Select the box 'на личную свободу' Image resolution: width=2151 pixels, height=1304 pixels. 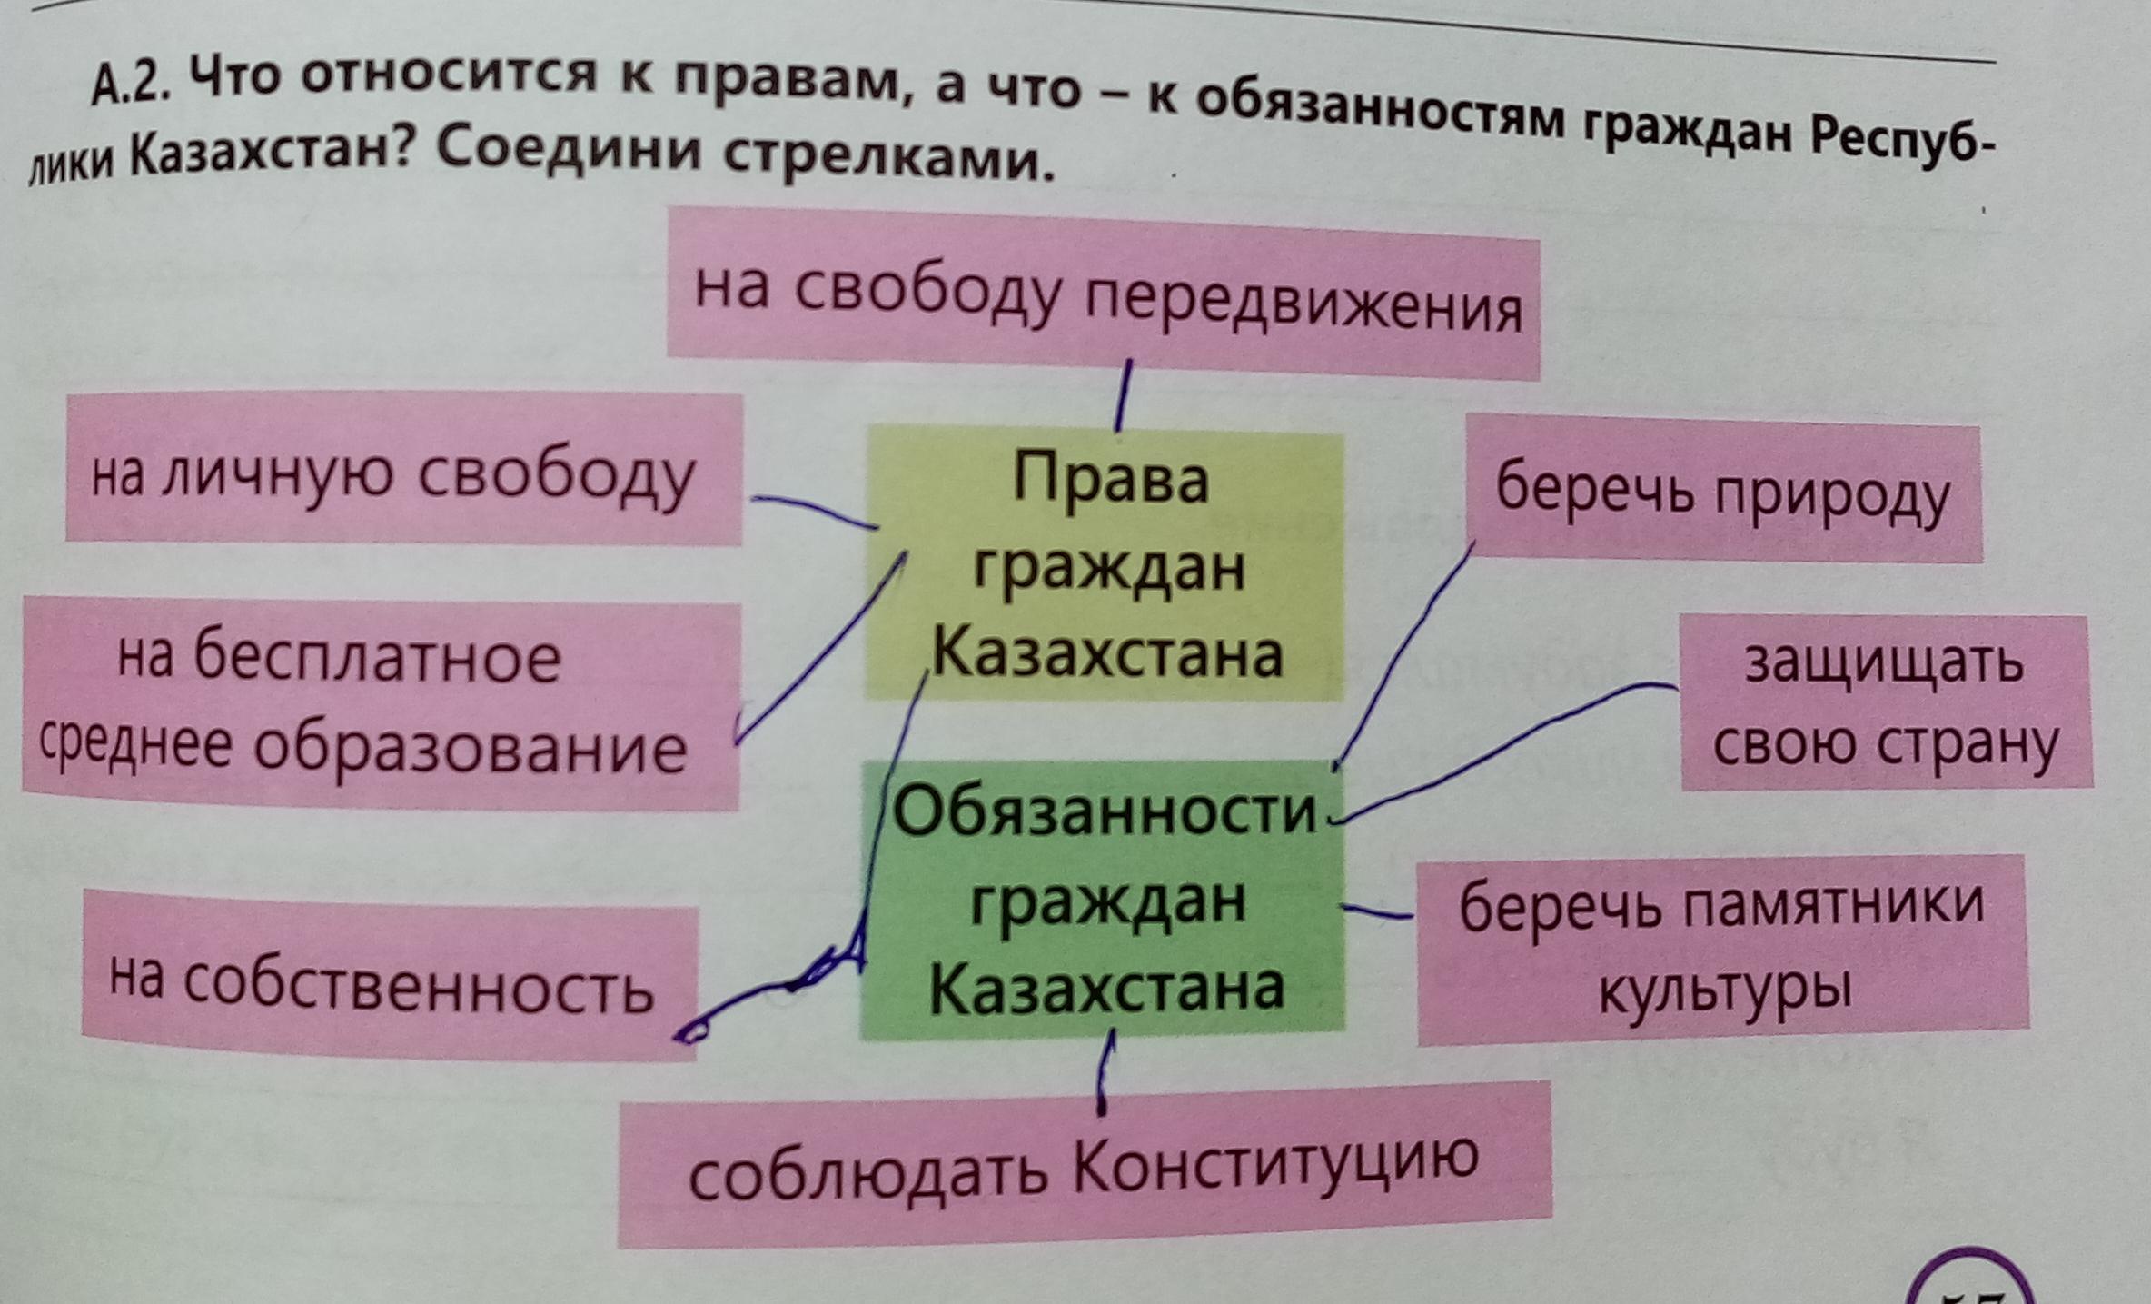(x=403, y=470)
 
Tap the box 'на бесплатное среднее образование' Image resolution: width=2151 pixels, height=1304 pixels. (x=381, y=704)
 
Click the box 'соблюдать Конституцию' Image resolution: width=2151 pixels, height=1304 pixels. (x=1085, y=1164)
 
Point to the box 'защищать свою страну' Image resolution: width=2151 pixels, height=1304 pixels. (x=1885, y=702)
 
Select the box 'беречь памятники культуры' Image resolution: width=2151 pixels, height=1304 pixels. (x=1722, y=947)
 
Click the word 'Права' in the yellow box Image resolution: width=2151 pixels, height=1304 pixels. (x=1109, y=479)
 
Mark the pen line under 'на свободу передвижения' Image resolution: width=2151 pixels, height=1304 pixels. (x=1124, y=395)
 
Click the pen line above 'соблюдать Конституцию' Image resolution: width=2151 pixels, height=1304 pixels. (x=1105, y=1077)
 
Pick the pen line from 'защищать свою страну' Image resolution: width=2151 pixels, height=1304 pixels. (x=1508, y=745)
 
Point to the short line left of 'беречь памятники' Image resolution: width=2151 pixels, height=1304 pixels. (x=1377, y=912)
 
